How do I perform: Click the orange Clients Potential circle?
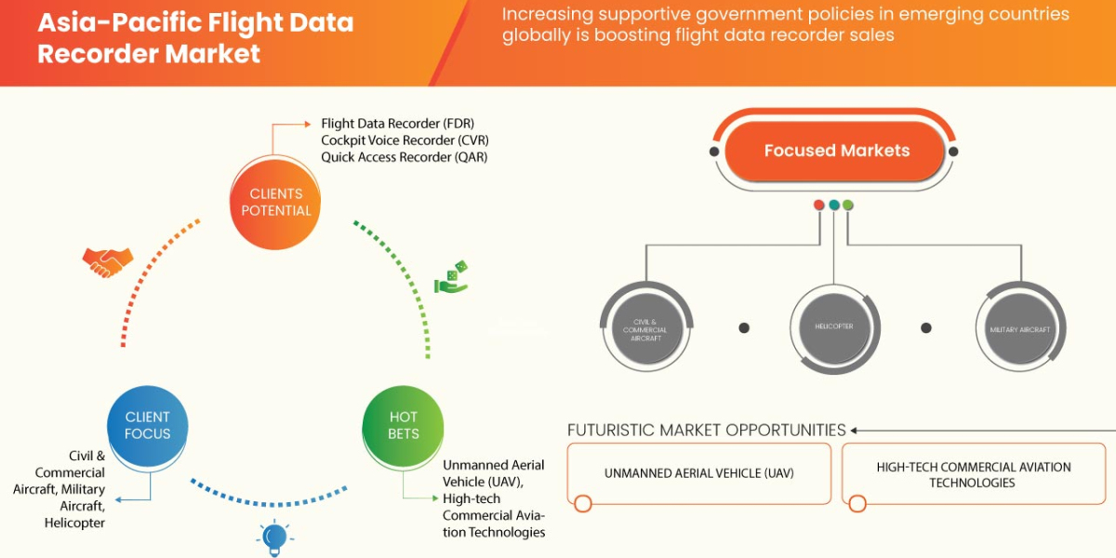coord(276,202)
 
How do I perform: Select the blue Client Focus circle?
coord(148,424)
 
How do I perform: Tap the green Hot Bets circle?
coord(404,424)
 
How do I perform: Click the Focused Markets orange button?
coord(836,150)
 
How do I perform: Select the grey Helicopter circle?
coord(834,327)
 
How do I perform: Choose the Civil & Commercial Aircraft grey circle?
coord(644,329)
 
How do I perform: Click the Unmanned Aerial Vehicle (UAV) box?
coord(699,473)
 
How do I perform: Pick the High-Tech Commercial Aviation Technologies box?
coord(974,474)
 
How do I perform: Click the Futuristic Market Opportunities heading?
coord(707,431)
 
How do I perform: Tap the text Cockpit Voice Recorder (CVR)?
coord(404,140)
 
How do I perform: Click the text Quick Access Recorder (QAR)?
coord(404,156)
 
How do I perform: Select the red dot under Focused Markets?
coord(819,205)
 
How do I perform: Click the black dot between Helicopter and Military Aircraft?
coord(926,327)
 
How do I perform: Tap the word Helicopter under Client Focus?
coord(74,523)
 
